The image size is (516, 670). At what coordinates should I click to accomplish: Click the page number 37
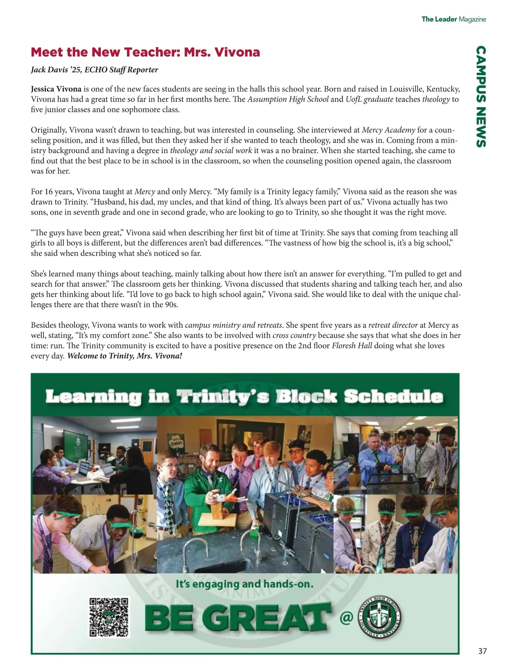point(482,651)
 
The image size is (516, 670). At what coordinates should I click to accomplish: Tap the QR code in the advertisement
point(109,617)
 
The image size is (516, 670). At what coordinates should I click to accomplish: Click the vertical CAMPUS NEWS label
point(481,96)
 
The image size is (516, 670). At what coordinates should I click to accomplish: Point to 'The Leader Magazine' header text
point(453,19)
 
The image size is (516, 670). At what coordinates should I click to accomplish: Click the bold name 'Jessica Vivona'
point(56,89)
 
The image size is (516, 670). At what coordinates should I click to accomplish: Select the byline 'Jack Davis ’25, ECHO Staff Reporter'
point(94,70)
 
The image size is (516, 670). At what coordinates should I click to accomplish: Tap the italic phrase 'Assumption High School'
point(288,99)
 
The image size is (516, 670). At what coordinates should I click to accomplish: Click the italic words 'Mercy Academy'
point(388,130)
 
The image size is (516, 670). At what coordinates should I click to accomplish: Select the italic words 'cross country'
point(295,335)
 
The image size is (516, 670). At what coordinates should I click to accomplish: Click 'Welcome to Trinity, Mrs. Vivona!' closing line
point(125,356)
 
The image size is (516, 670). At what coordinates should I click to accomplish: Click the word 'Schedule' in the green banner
point(393,396)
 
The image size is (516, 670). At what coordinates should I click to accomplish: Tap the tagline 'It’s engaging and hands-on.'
point(244,584)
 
